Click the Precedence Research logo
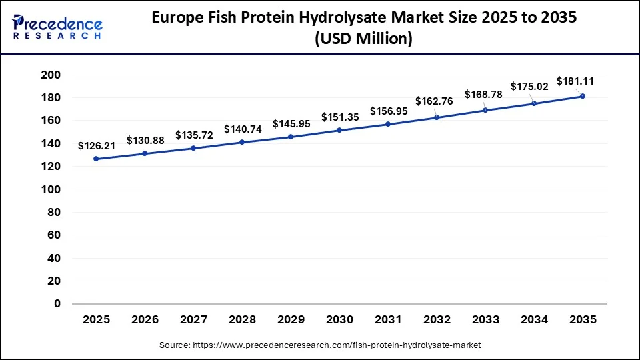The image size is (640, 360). (57, 27)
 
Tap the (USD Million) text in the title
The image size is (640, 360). (363, 40)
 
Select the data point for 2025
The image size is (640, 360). (96, 159)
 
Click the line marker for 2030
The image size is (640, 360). (339, 130)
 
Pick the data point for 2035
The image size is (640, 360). (583, 96)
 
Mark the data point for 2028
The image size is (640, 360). (242, 142)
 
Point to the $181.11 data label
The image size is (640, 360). (575, 81)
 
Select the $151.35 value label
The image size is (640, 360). (339, 117)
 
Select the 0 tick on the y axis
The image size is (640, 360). (57, 304)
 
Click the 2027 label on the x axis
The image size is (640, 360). (193, 320)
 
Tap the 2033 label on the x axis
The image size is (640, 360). (485, 320)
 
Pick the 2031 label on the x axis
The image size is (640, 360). (388, 320)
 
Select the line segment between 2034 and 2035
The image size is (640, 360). (559, 99)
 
